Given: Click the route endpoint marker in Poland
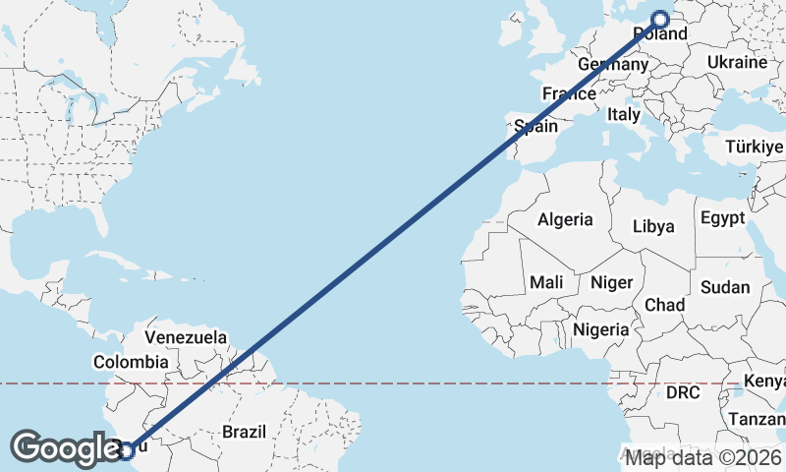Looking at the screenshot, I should pyautogui.click(x=660, y=18).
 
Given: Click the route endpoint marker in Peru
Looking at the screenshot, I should pyautogui.click(x=127, y=450).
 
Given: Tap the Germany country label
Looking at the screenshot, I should pyautogui.click(x=613, y=64).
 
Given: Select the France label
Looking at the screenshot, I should pyautogui.click(x=569, y=94).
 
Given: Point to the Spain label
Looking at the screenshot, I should pyautogui.click(x=536, y=126).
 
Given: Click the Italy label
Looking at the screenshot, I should pyautogui.click(x=624, y=114).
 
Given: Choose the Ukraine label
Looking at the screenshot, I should pyautogui.click(x=736, y=62).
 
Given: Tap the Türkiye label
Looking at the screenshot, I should pyautogui.click(x=754, y=147).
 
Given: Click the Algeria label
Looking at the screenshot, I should pyautogui.click(x=565, y=219).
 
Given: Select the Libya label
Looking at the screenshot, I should pyautogui.click(x=653, y=226).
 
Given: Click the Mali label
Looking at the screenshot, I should pyautogui.click(x=546, y=282).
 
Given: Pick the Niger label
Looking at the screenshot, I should pyautogui.click(x=611, y=282).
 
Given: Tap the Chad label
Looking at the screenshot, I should pyautogui.click(x=665, y=305).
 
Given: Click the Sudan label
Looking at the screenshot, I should pyautogui.click(x=725, y=288).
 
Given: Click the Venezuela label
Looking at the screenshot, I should pyautogui.click(x=185, y=337).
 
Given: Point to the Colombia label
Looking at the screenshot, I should pyautogui.click(x=131, y=362).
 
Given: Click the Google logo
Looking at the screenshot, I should pyautogui.click(x=67, y=448).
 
